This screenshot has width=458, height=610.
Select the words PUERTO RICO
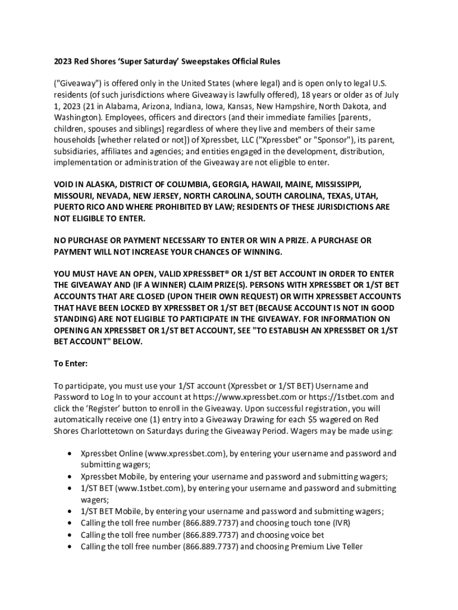(81, 207)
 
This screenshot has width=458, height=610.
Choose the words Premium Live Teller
(328, 545)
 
